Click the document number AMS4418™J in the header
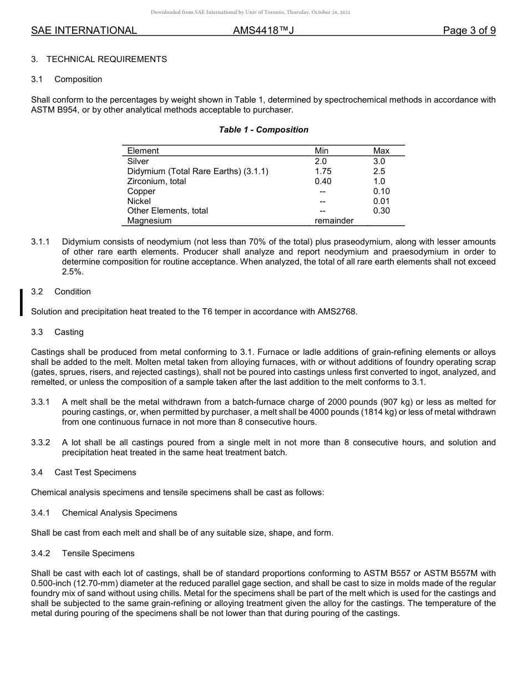(263, 30)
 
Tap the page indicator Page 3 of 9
(469, 30)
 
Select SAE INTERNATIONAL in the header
(84, 30)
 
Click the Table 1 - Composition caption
(263, 130)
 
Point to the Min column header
(322, 151)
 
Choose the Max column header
(381, 151)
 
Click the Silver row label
(138, 161)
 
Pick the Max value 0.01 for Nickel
(381, 201)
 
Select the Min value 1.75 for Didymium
(323, 171)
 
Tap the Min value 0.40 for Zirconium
(323, 181)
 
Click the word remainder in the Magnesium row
(334, 221)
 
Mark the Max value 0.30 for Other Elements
(381, 211)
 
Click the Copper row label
(141, 191)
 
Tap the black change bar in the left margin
(21, 302)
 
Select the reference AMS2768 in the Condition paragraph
(337, 312)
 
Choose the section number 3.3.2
(40, 442)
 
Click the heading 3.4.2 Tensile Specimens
(83, 553)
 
